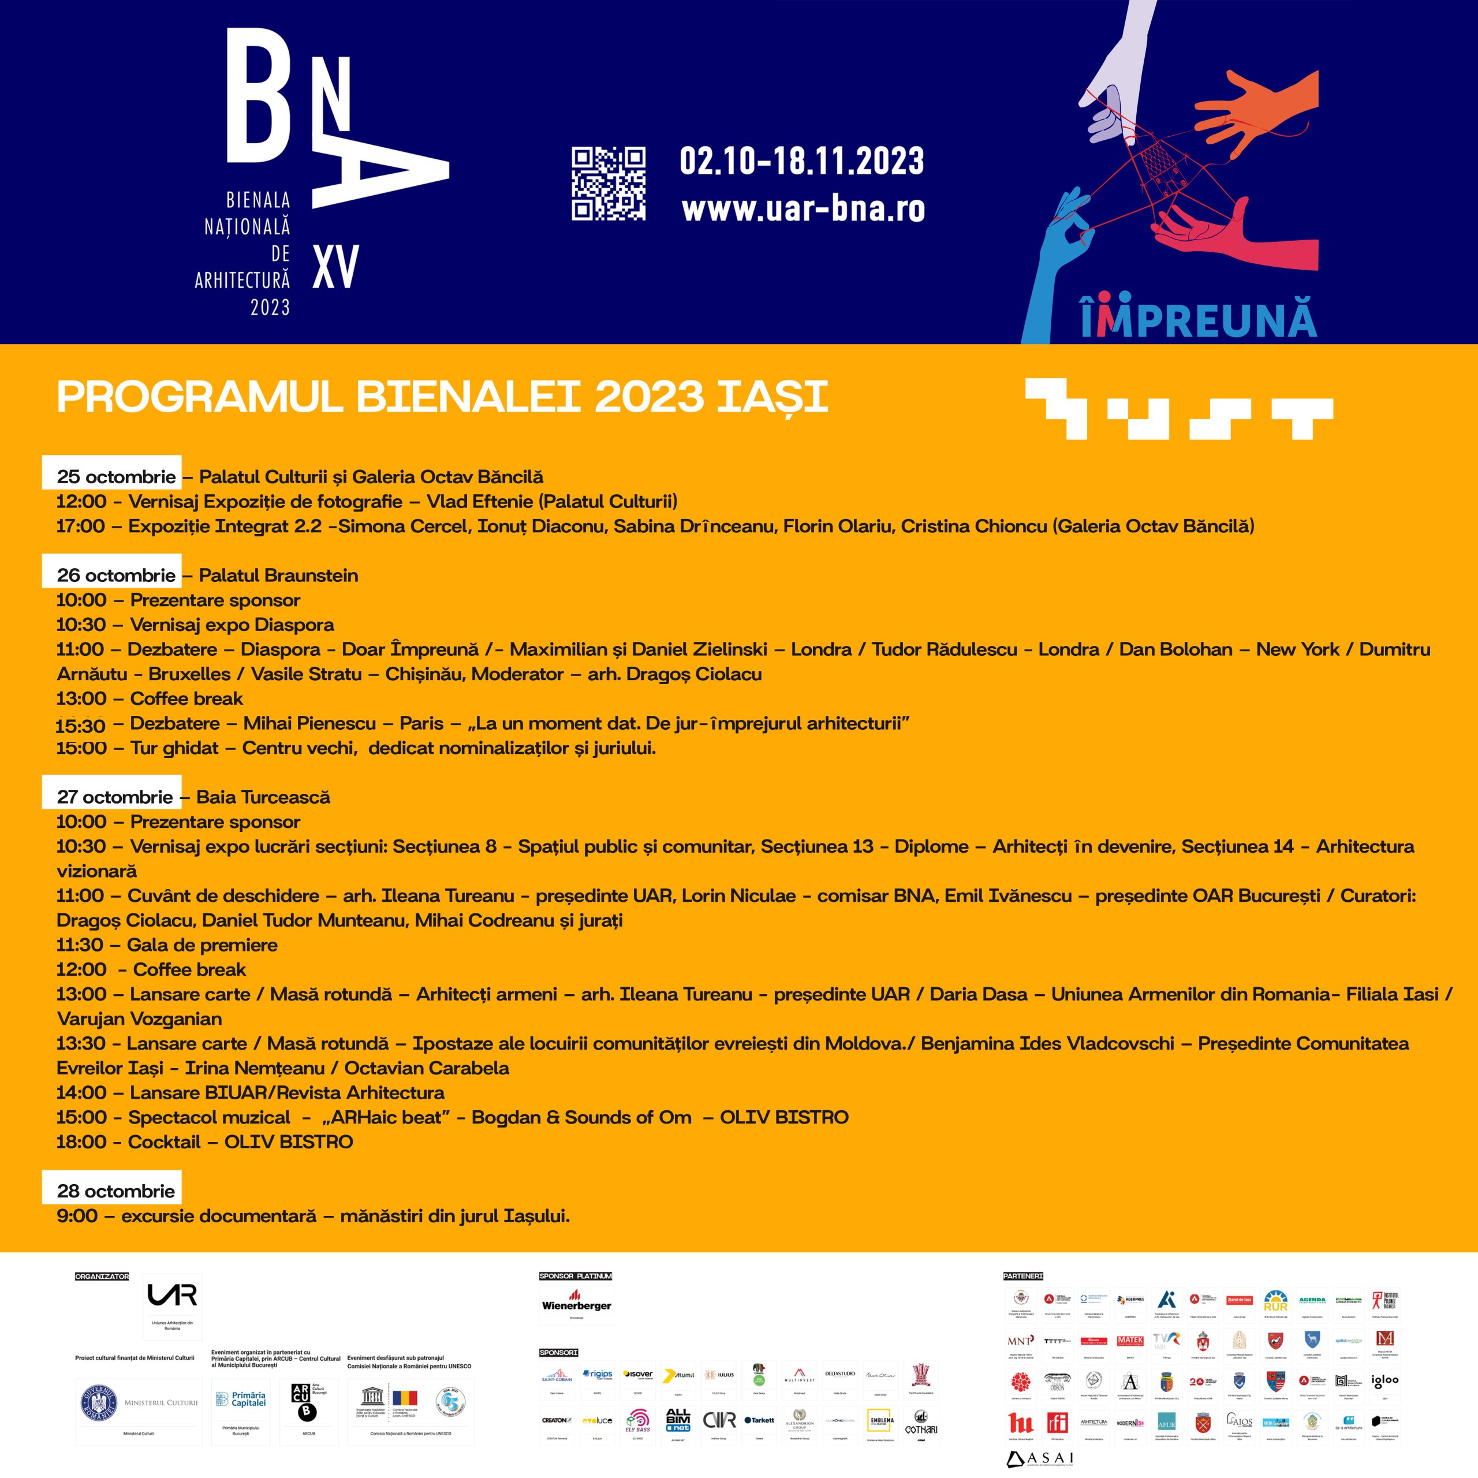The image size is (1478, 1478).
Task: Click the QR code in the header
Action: tap(608, 184)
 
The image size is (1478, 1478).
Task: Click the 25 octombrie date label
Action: tap(115, 477)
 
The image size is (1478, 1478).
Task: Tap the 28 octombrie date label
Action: tap(115, 1191)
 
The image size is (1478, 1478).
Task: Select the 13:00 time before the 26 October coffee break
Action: tap(81, 699)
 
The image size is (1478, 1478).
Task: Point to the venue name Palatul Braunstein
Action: tap(278, 575)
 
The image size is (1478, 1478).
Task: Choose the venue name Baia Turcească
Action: tap(263, 797)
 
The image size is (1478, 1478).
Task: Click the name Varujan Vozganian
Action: tap(139, 1019)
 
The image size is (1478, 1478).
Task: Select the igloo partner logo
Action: tap(1384, 1381)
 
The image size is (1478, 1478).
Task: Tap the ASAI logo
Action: tap(1040, 1459)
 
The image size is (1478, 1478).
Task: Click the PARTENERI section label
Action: tap(1023, 1276)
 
